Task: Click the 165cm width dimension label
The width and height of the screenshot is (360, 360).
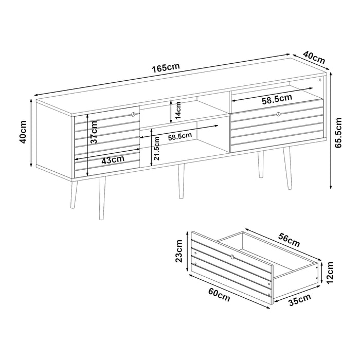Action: (x=166, y=68)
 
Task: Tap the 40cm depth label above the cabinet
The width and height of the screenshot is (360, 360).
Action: (x=314, y=58)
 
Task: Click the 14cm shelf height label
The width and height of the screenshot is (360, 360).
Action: (x=178, y=110)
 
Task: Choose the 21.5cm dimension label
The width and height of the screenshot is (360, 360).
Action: (x=156, y=148)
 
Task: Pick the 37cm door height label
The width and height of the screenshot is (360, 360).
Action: (x=94, y=133)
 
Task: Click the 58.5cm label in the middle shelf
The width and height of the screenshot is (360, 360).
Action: (x=180, y=137)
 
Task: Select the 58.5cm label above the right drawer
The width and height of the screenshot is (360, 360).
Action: (x=277, y=99)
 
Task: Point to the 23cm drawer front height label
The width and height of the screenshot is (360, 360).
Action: (x=178, y=251)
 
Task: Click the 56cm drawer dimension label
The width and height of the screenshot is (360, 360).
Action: (x=289, y=240)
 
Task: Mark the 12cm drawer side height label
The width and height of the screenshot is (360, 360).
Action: (x=330, y=273)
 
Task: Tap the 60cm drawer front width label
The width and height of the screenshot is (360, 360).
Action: (x=219, y=295)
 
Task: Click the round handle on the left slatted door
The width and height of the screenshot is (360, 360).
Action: (x=133, y=114)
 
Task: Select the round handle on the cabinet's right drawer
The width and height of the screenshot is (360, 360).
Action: (x=279, y=114)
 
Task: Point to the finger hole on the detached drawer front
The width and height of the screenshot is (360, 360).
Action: (x=232, y=257)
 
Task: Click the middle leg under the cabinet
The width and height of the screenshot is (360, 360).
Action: (x=182, y=181)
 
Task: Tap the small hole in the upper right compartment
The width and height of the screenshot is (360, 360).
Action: (x=320, y=80)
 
